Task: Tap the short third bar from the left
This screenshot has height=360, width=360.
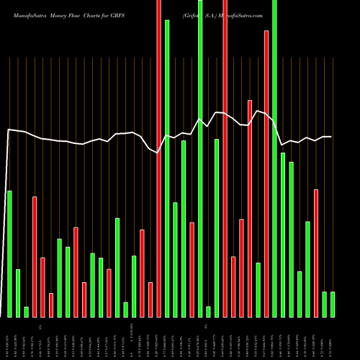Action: coord(26,312)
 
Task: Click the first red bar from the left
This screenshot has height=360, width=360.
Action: coord(35,256)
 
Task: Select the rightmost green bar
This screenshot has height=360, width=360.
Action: coord(333,304)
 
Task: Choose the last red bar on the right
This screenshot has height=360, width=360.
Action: coord(316,253)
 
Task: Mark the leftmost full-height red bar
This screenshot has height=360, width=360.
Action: coord(158,158)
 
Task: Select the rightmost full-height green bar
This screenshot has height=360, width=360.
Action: coord(274,158)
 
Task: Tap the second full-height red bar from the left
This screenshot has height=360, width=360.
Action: coord(225,158)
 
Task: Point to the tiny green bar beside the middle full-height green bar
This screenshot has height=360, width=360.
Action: coord(208,311)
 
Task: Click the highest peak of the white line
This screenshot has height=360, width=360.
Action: coord(258,110)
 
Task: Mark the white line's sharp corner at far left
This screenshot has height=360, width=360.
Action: coord(8,130)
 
